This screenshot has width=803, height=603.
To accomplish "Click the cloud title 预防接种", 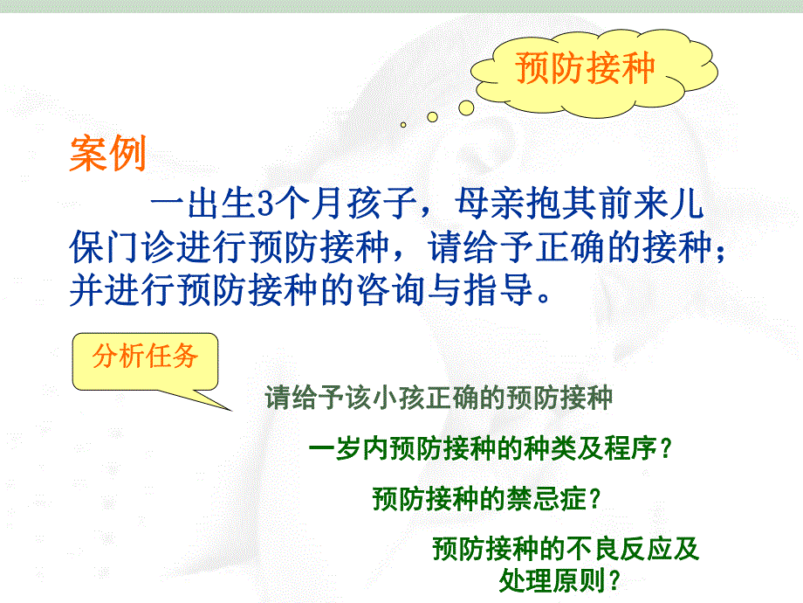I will tap(584, 68).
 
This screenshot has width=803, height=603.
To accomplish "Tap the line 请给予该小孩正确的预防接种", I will tap(439, 399).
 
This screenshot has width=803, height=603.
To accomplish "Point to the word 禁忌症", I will tap(553, 498).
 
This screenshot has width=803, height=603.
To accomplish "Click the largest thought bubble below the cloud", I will tap(466, 107).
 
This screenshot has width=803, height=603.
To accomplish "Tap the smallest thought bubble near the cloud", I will tap(403, 125).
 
